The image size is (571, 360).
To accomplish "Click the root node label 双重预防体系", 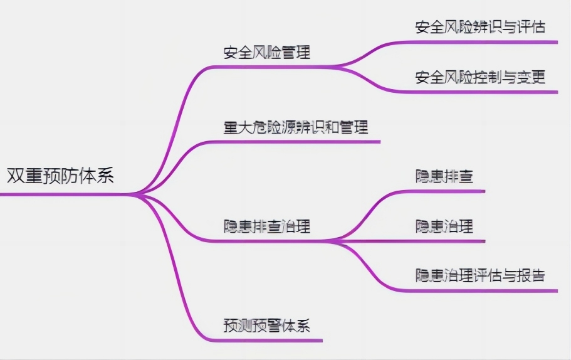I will pos(61,175).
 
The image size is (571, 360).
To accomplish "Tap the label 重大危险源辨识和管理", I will pos(295,127).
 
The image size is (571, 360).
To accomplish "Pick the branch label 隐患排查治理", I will pos(267,226).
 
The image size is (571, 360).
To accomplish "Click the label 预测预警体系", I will pos(267,326).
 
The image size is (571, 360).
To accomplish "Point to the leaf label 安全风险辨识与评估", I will pos(480,27).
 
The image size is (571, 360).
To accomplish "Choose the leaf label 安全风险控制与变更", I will pos(480,77).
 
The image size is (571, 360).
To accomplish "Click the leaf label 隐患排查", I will pos(444,176).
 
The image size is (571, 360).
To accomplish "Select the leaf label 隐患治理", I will pos(444,226).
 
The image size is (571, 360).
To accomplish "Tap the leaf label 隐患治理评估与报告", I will pos(480,275).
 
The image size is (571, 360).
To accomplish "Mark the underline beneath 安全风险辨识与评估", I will pos(483,42).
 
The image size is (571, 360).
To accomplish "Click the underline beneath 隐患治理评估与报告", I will pos(483,290).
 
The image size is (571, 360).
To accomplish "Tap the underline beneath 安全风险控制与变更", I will pos(483,92).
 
